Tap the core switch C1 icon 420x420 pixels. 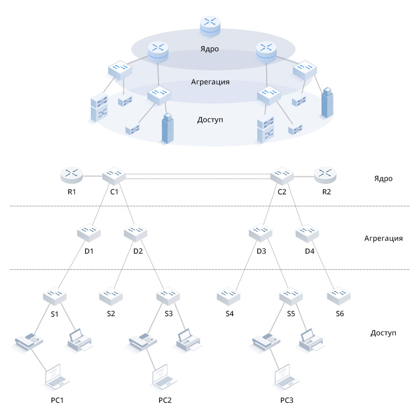click(114, 174)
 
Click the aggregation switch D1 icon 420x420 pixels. click(89, 232)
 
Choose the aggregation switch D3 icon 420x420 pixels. click(261, 232)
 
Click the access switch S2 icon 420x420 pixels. click(111, 296)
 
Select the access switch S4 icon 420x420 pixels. click(229, 296)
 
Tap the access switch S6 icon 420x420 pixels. click(339, 296)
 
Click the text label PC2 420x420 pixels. click(165, 401)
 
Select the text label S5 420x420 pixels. click(291, 314)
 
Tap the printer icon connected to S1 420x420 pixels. click(80, 340)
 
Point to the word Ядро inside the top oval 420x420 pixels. click(209, 49)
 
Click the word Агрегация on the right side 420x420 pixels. click(383, 238)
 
